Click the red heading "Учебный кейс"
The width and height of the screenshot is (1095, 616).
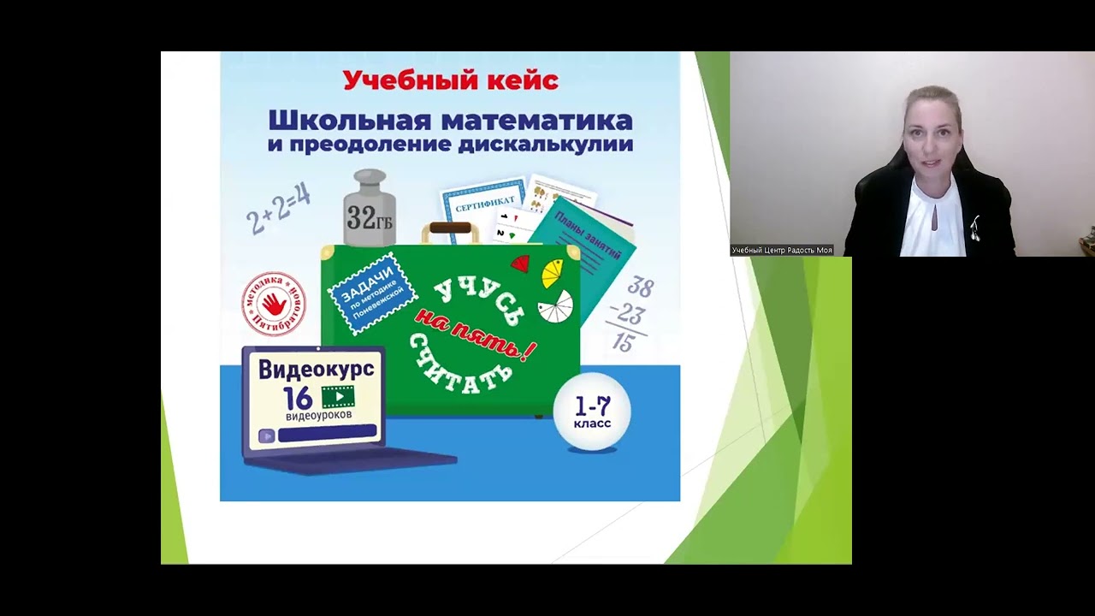(450, 80)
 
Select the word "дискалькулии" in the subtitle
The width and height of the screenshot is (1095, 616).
(545, 144)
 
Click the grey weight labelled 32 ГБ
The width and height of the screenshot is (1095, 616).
(370, 210)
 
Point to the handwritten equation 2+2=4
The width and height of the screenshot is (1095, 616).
(278, 208)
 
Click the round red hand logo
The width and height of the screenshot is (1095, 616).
(274, 304)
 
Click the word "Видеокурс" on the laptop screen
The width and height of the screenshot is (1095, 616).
(316, 369)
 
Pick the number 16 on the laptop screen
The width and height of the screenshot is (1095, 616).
(299, 398)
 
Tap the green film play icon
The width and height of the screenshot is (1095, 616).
(338, 397)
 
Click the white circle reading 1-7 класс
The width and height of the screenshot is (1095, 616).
(592, 412)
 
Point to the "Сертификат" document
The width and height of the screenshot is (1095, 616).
(484, 205)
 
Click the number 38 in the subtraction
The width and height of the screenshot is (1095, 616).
(639, 288)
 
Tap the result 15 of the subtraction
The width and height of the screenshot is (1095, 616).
(624, 343)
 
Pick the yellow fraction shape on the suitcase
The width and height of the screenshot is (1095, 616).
(553, 274)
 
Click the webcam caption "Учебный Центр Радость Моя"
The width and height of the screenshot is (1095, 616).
(782, 250)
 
